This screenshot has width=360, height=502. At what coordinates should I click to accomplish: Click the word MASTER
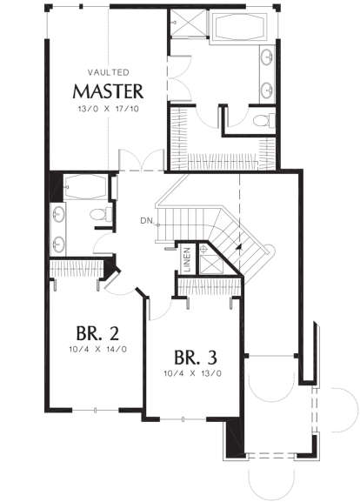coord(108,91)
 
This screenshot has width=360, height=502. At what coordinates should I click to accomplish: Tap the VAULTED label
coord(109,73)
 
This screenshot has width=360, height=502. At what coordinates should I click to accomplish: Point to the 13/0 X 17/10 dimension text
coord(109,109)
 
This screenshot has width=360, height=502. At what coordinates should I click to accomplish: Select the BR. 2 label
coord(97,333)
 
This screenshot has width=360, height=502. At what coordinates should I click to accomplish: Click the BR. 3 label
coord(196,358)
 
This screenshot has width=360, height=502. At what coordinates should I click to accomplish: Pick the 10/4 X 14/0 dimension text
coord(97,349)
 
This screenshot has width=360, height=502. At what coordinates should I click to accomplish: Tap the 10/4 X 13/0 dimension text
coord(193,373)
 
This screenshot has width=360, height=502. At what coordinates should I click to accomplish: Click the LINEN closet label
coord(187,259)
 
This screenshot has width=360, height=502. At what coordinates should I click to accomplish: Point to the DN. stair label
coord(148,221)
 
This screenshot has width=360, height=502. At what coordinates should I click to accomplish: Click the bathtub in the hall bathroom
coord(86,187)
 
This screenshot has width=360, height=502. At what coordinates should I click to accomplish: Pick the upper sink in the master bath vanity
coord(267,57)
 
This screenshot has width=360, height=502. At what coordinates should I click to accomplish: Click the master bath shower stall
coord(189,23)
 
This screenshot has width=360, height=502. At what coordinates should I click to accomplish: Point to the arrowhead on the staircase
coord(238,246)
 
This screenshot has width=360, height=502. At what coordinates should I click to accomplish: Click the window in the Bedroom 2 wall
coord(96,410)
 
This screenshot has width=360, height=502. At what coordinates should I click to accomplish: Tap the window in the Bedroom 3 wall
coord(183,419)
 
